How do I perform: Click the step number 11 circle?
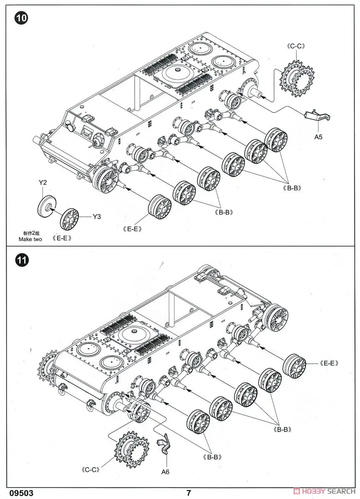21,261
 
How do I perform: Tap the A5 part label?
318,136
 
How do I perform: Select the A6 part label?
165,472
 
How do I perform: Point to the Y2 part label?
43,183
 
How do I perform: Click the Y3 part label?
97,216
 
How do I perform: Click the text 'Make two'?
30,239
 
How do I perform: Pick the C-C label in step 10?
296,46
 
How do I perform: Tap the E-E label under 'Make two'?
62,238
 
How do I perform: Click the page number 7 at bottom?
189,493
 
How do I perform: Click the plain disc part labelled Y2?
45,205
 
